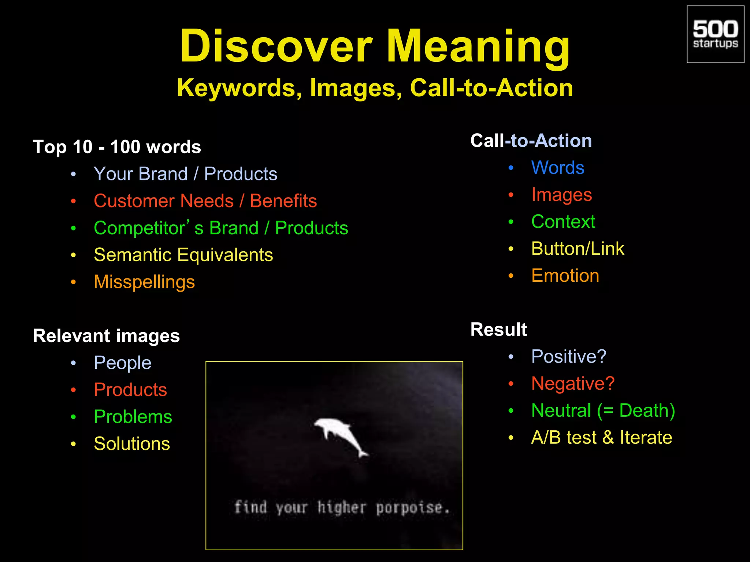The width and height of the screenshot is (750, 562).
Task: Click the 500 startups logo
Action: point(715,34)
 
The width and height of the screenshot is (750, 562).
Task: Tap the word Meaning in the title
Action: point(478,46)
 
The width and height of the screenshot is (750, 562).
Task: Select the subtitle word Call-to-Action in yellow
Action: point(491,88)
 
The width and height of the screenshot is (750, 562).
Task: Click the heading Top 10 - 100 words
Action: point(117,147)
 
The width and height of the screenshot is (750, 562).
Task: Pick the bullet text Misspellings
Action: point(144,282)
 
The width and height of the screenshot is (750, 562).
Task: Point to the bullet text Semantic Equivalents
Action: point(183,255)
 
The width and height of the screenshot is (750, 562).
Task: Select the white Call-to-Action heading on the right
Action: point(531,141)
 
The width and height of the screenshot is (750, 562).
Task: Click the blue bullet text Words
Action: point(557,168)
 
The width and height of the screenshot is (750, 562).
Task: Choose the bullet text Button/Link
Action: point(578,249)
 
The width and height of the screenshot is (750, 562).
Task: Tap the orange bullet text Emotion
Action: point(565,276)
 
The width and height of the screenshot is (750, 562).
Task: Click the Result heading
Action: point(498,329)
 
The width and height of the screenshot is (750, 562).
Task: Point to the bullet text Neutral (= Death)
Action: point(603,411)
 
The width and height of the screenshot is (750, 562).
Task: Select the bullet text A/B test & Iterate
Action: point(601,438)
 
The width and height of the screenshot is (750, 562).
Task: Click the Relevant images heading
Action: point(106,336)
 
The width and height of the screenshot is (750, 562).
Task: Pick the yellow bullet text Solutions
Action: point(132,444)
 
